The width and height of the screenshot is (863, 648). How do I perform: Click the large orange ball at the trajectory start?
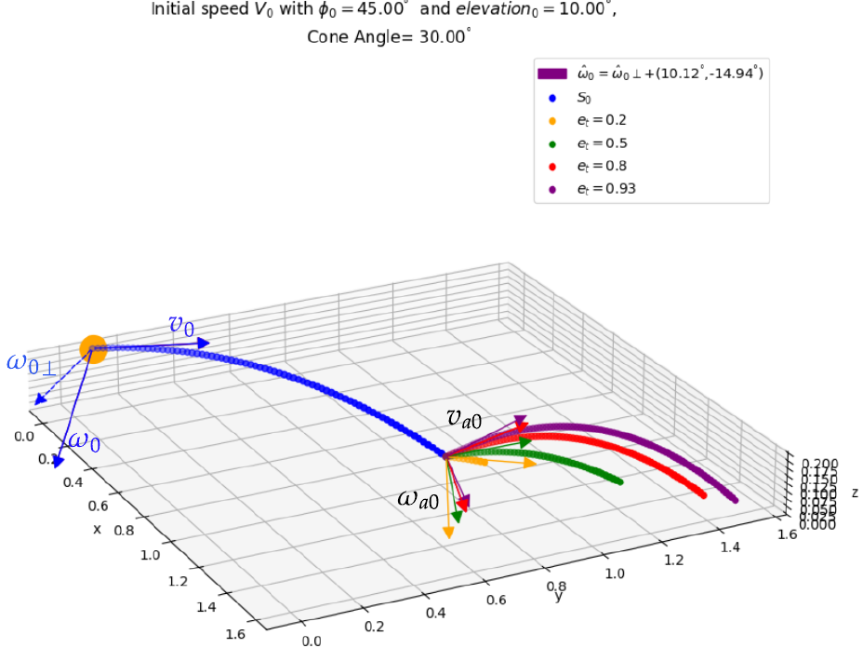tap(93, 349)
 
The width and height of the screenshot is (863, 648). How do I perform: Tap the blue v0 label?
tap(181, 325)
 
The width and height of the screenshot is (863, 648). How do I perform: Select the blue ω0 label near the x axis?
tap(84, 443)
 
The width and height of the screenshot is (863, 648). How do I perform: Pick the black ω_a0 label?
tap(418, 499)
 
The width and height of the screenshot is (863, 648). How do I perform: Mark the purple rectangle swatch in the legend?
tap(552, 74)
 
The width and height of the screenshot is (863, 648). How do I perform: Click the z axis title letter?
tap(854, 492)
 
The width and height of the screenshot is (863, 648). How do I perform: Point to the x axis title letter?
tap(97, 529)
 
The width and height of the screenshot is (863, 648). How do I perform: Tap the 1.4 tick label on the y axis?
tap(730, 547)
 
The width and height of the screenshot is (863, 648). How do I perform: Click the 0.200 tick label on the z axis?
tap(818, 463)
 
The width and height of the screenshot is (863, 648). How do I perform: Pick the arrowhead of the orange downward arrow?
tap(448, 532)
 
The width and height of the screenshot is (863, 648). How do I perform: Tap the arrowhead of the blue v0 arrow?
tap(205, 343)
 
